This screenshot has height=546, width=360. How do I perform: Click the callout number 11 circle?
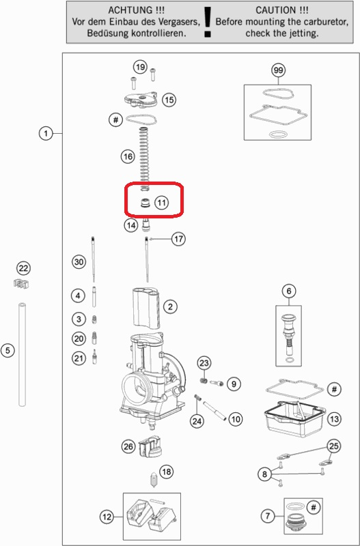tap(161, 202)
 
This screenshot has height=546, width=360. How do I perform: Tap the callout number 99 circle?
tap(278, 70)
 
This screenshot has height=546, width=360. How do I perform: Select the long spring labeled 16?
tap(144, 159)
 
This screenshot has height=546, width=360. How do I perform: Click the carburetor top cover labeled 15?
tap(141, 99)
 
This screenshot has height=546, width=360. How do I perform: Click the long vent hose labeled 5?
tap(23, 354)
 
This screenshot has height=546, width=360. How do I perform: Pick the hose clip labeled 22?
tap(21, 283)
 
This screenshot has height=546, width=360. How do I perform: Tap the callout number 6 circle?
tap(289, 291)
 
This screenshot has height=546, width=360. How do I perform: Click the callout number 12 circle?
tap(107, 517)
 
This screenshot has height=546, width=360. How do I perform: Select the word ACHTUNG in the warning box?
tap(124, 10)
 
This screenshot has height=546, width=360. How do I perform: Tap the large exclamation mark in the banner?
tap(208, 22)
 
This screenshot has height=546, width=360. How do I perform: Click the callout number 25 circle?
tap(334, 446)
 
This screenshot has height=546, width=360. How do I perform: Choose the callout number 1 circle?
tap(46, 133)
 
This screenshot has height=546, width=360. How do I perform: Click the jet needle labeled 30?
tap(94, 259)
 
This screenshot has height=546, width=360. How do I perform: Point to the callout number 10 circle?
tap(236, 419)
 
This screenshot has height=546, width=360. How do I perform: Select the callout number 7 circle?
tap(268, 516)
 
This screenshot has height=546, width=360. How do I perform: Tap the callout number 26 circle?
tap(128, 446)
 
